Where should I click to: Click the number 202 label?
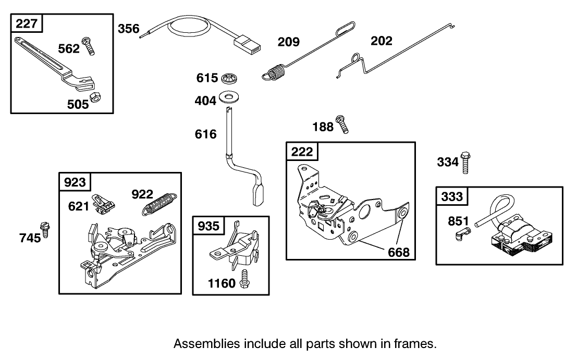pos(381,41)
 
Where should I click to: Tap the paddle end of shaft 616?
pos(259,196)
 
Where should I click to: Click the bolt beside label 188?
pos(342,123)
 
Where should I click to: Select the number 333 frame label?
pos(452,197)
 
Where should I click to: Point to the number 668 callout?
pos(399,252)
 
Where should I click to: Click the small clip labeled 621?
pos(104,203)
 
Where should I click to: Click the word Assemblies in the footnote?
pos(206,344)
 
